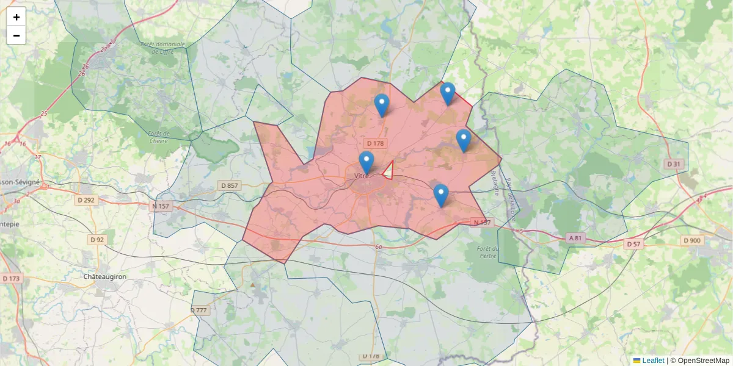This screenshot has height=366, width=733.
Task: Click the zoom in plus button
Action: point(16,16)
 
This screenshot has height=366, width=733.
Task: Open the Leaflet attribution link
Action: point(653,361)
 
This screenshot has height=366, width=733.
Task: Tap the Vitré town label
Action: point(362,176)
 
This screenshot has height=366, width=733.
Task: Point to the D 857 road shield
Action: point(229,185)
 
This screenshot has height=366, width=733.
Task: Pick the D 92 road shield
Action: point(97,240)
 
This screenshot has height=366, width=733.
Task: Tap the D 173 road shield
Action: point(11,278)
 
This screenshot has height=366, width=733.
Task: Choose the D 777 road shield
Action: point(199,310)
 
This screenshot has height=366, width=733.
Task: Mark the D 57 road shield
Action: point(633,244)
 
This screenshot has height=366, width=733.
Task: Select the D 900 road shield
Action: point(692,240)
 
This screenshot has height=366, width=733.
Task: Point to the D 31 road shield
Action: point(673,164)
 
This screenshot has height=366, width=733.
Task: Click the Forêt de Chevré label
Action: point(159,137)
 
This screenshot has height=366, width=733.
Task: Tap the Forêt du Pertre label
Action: point(489,252)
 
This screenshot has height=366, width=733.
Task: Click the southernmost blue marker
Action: point(441,195)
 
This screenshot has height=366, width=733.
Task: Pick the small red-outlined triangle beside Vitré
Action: point(387,170)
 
